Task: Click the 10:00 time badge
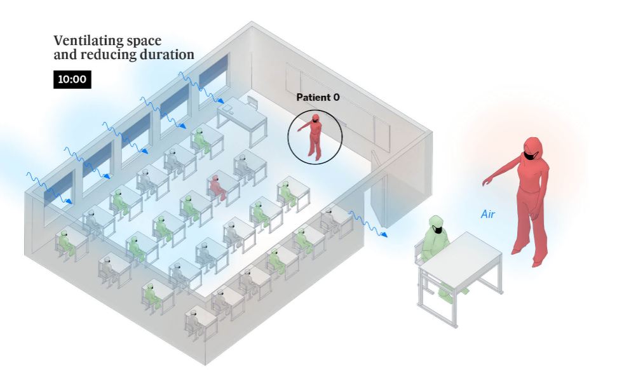point(72,80)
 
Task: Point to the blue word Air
point(487,215)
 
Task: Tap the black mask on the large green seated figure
point(436,230)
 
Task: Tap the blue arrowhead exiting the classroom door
point(384,235)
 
